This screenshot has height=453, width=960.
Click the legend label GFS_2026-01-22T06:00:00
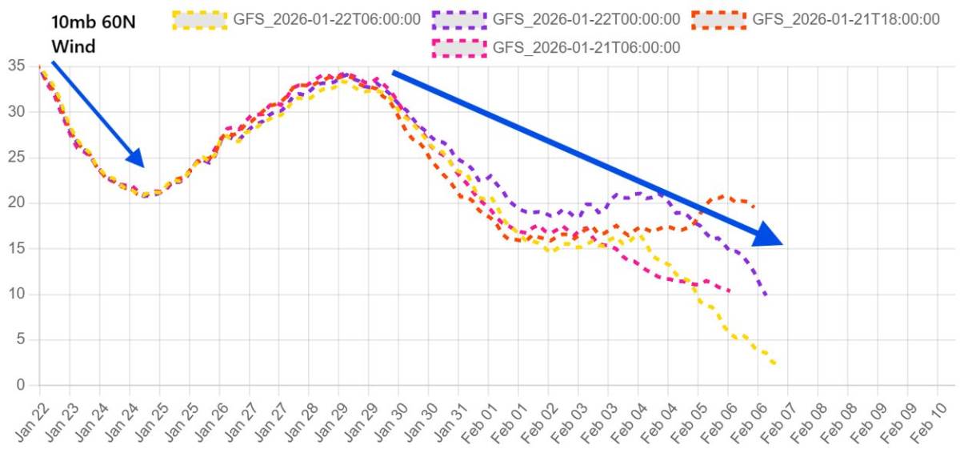click(x=326, y=19)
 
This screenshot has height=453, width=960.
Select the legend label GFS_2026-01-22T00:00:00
click(x=586, y=19)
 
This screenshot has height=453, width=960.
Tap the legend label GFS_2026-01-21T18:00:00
click(x=846, y=19)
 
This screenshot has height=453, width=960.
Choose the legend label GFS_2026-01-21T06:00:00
click(x=586, y=48)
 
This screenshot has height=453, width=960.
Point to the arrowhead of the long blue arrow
click(x=770, y=237)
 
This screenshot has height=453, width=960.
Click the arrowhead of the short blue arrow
click(x=137, y=159)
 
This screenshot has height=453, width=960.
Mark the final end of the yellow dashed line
click(x=775, y=365)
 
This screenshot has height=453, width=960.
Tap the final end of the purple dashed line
click(x=766, y=296)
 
